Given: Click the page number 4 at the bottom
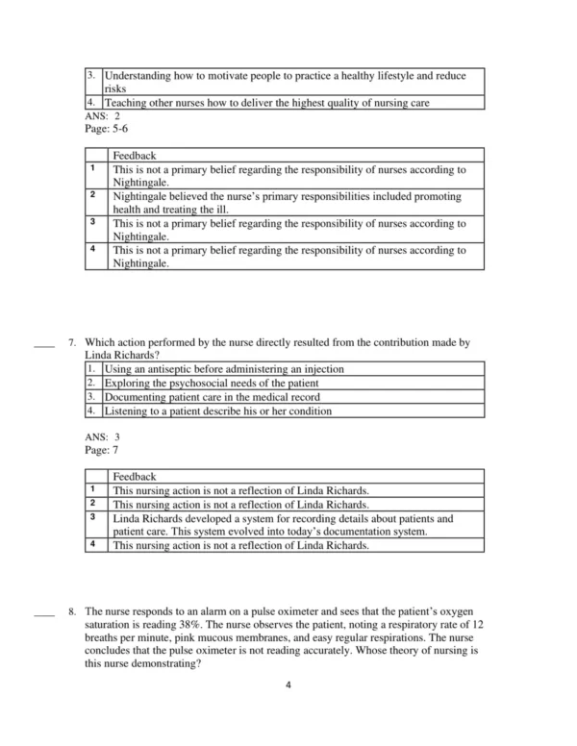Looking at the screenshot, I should [288, 684].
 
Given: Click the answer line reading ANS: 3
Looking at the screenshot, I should [103, 437].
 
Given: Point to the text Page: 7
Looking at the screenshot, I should [102, 450].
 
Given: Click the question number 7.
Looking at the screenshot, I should [72, 341].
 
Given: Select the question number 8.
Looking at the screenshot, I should [72, 611].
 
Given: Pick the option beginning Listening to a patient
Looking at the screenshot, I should [218, 410].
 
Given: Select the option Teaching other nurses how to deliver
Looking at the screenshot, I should [266, 102].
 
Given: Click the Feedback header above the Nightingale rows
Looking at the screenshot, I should [134, 155].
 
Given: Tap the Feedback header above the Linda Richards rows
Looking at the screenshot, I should [134, 477].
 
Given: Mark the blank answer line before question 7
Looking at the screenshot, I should [42, 342].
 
